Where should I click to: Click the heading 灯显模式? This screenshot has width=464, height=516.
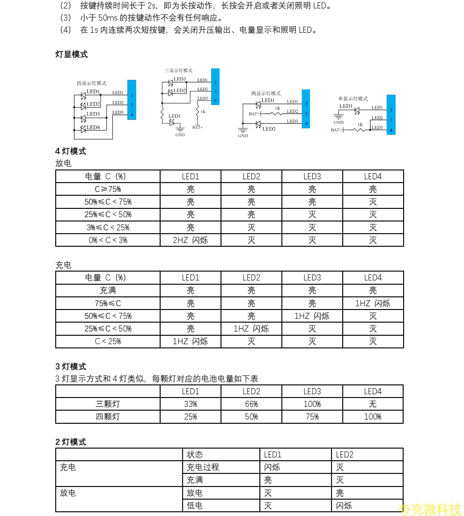coord(72,54)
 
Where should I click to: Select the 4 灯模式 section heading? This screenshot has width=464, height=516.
coord(71,151)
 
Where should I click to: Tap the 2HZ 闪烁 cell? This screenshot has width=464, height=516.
coord(190,240)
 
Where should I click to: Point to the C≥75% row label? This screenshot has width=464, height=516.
coord(108,189)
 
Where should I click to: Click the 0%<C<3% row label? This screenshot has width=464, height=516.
coord(108,240)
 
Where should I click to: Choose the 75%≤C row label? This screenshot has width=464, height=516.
coord(108,303)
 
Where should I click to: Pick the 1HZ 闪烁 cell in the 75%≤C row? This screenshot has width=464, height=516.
coord(373,303)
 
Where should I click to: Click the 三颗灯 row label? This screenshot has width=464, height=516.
coord(108,404)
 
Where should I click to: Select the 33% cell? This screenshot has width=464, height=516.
coord(190,404)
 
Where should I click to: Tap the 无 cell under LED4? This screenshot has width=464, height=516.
coord(373,404)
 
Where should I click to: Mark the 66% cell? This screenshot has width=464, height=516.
coord(251,404)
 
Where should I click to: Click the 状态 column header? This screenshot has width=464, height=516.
coord(195,455)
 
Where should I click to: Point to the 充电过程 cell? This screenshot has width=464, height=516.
coord(203,467)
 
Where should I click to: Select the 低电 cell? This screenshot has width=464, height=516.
coord(195,506)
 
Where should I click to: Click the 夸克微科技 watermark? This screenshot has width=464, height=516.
coord(430,509)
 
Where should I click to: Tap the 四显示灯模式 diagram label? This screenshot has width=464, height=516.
coord(92,83)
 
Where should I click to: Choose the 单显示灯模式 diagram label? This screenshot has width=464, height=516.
coord(353,99)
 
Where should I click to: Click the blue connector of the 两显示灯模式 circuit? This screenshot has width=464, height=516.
coord(306,108)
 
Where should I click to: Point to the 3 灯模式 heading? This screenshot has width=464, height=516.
coord(71,366)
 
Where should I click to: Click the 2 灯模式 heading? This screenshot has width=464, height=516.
coord(71,442)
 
